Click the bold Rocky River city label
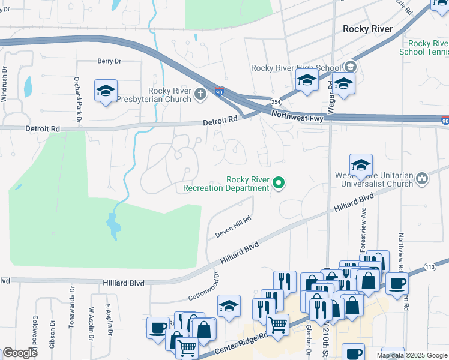tap(367, 29)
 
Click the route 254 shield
tap(274, 102)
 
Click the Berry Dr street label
tap(109, 61)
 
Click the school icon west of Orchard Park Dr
tap(106, 91)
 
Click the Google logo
tap(20, 353)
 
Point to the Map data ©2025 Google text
tap(411, 355)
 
